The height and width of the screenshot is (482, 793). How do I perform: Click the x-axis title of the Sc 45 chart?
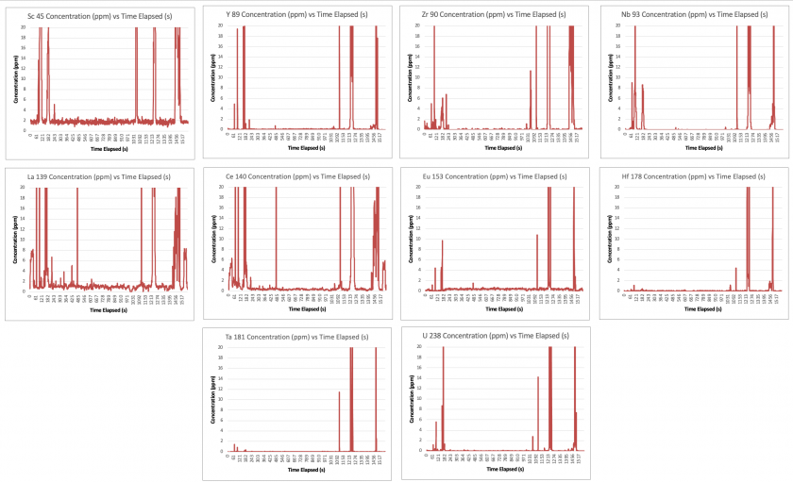pyautogui.click(x=108, y=149)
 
